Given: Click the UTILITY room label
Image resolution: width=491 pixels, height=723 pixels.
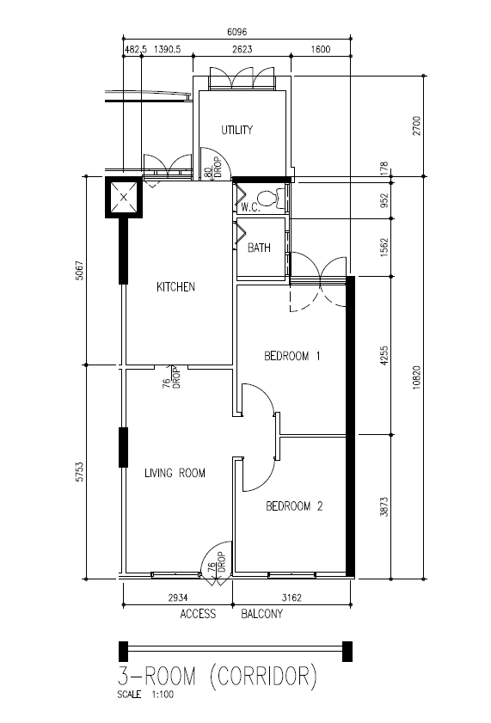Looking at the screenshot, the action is (x=237, y=130).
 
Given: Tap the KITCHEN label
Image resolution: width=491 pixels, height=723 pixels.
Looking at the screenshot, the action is (x=175, y=287).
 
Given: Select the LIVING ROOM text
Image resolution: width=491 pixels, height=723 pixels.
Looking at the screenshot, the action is (x=175, y=473).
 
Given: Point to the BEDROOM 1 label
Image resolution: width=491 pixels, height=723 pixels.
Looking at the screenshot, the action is (x=292, y=356).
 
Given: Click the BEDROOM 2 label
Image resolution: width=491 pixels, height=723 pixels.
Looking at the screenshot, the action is (x=294, y=506).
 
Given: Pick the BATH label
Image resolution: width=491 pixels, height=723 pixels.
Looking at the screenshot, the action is (x=259, y=248).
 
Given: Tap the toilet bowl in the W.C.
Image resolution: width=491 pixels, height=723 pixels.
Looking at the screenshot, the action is (x=267, y=199).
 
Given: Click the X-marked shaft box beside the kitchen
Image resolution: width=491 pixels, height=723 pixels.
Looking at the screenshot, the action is (x=124, y=198).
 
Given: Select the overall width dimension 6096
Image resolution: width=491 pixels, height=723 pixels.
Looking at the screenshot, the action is (x=237, y=32).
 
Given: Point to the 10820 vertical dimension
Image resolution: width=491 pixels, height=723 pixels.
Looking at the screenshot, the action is (x=417, y=377).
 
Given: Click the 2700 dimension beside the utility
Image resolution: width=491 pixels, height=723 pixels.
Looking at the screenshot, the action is (x=417, y=126).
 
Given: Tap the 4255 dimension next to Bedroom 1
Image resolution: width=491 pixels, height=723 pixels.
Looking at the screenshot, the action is (x=384, y=356).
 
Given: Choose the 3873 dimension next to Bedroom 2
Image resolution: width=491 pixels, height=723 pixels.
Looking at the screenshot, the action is (x=384, y=506).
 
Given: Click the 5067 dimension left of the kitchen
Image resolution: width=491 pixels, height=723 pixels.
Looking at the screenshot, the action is (x=80, y=271).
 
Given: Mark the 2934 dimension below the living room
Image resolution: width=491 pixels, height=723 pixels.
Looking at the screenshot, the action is (x=178, y=597).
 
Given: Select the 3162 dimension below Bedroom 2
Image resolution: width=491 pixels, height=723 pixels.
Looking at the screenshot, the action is (x=292, y=597).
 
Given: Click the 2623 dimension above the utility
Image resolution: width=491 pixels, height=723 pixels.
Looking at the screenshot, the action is (x=242, y=49).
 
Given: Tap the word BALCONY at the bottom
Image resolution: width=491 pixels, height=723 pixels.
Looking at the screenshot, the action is (x=262, y=614).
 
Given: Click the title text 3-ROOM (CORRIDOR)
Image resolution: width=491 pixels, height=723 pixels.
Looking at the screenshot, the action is (x=218, y=677).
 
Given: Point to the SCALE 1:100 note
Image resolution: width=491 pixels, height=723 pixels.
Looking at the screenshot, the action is (x=145, y=695).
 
